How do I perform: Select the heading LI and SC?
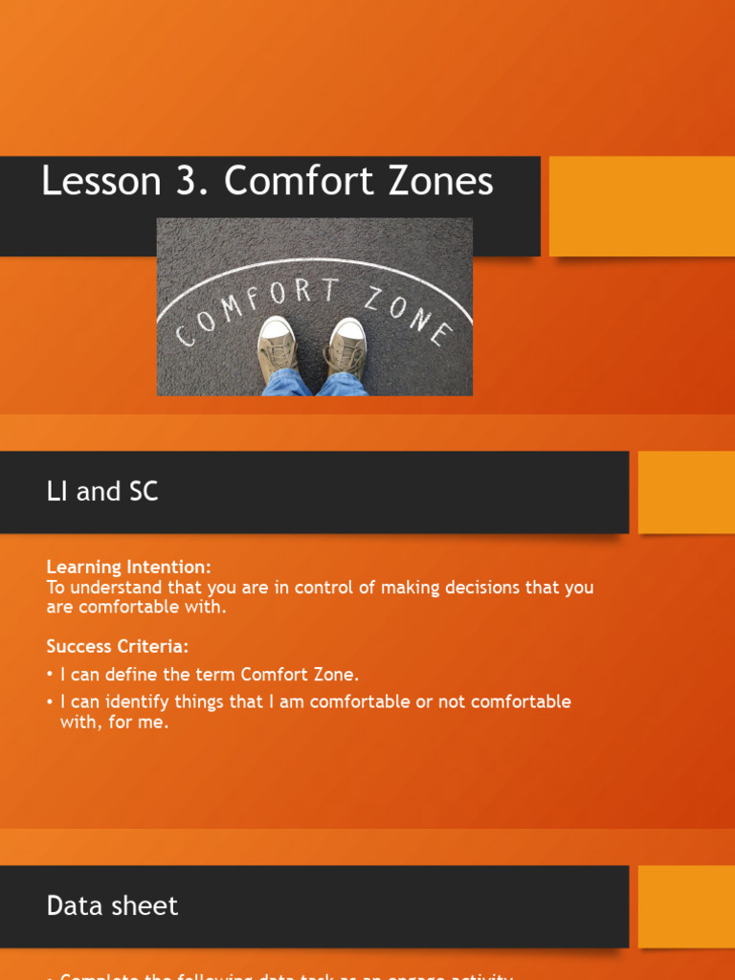click(102, 492)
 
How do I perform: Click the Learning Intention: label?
click(129, 567)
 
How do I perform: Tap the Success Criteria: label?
click(118, 647)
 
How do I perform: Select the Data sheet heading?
click(112, 905)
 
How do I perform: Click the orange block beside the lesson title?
click(641, 206)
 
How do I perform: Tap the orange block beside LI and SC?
click(685, 492)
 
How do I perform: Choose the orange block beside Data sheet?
click(685, 905)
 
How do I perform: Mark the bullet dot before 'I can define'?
click(50, 675)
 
